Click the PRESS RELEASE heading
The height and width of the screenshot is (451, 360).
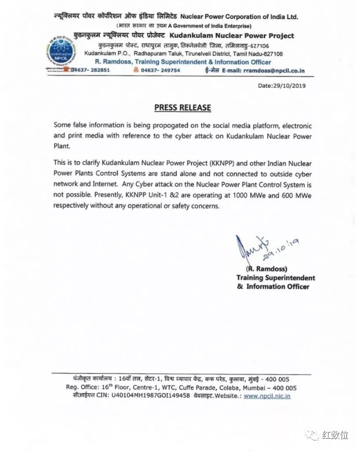point(182,107)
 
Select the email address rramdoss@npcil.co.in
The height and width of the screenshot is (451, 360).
point(276,70)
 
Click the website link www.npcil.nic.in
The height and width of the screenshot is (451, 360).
point(267,396)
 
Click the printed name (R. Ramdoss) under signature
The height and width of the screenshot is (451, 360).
point(261,269)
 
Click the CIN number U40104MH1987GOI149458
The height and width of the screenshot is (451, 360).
point(150,396)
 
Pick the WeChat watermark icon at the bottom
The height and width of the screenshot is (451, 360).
point(314,435)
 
